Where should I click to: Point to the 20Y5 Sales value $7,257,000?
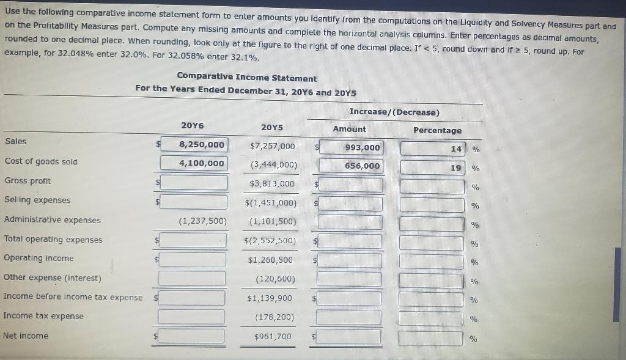pos(272,146)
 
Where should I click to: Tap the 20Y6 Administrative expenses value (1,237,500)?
pos(202,221)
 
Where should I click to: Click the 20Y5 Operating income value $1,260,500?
pos(270,260)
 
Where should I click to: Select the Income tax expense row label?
pos(43,316)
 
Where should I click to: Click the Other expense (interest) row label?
pos(53,277)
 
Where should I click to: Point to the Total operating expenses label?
pos(53,240)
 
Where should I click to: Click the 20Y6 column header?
pos(193,125)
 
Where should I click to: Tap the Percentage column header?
pos(437,130)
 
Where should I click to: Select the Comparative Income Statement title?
pos(247,78)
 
